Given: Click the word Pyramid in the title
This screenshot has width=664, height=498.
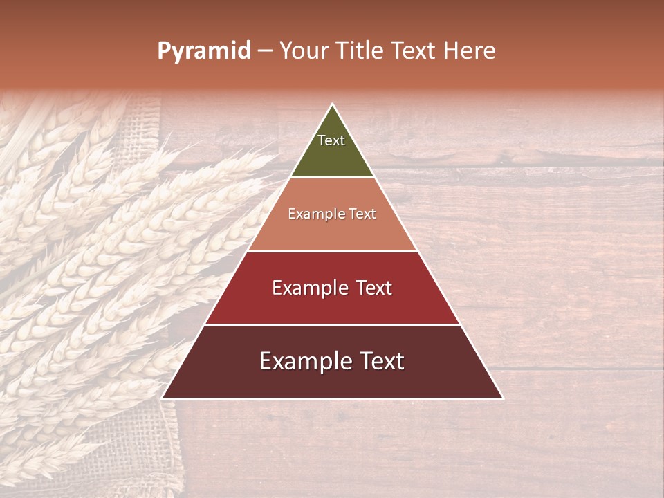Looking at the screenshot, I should (204, 51).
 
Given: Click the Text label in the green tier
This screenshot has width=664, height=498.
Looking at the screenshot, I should (331, 140).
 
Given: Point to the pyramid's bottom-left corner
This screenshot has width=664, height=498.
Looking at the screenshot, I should (163, 398).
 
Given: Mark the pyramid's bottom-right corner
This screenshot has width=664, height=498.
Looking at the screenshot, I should (502, 398).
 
